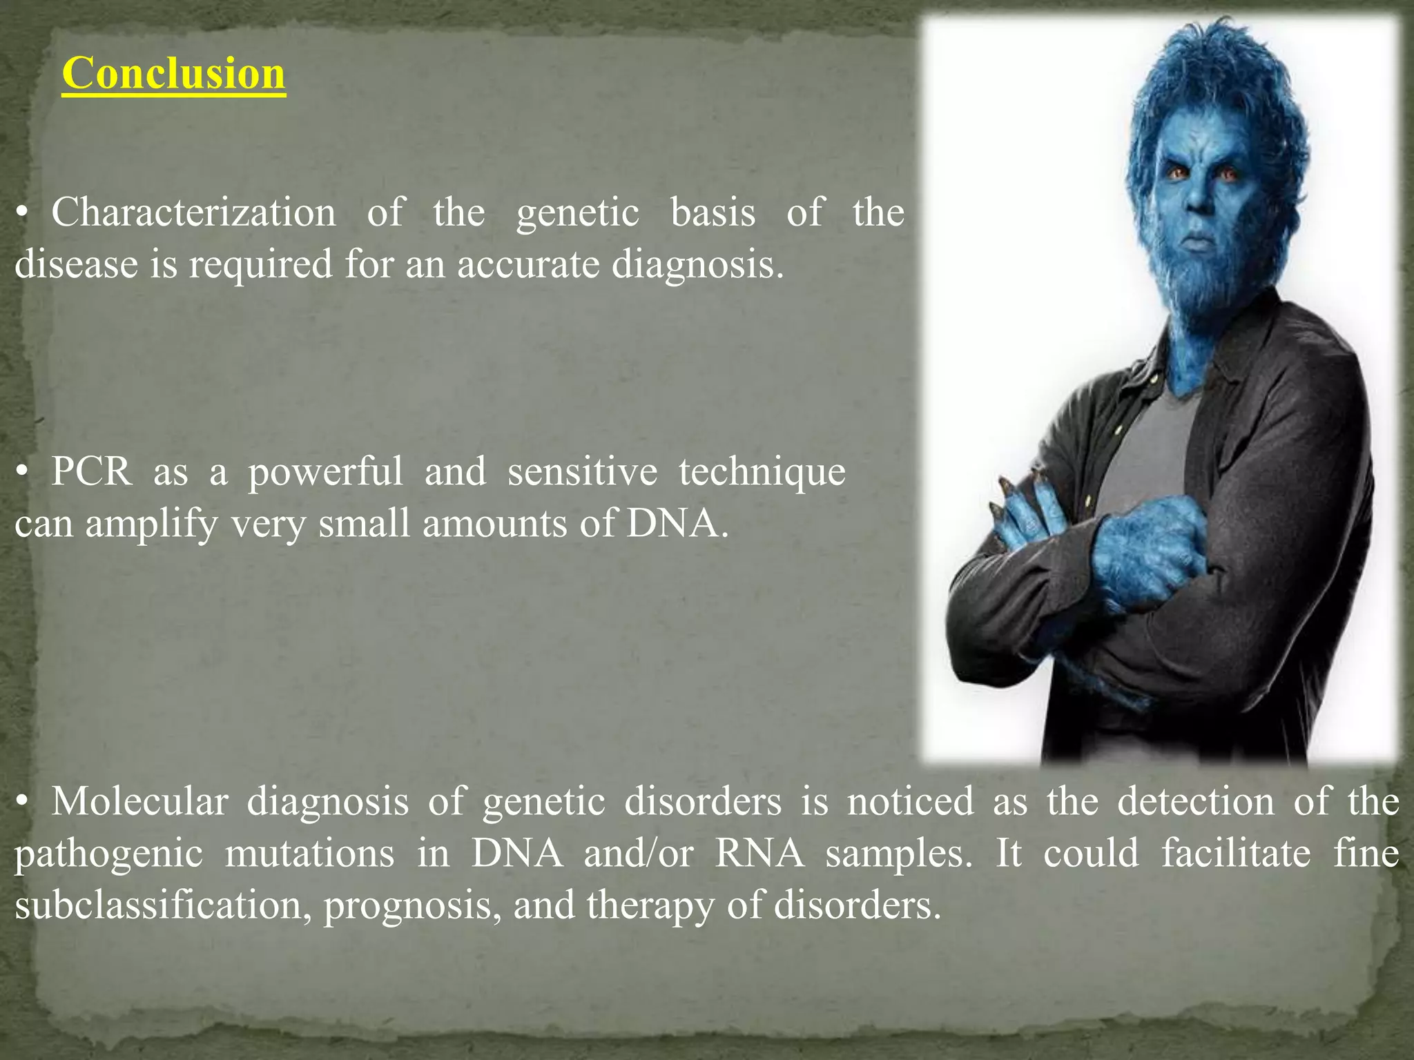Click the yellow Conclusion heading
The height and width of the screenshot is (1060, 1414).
[173, 73]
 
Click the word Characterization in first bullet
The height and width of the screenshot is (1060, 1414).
[193, 212]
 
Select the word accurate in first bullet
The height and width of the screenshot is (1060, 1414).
[528, 264]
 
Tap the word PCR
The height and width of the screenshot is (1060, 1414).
[91, 471]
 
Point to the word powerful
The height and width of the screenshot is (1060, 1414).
[325, 473]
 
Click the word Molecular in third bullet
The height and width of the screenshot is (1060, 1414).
[139, 802]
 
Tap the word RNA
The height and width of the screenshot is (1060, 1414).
[760, 853]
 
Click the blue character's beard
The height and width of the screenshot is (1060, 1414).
[1201, 276]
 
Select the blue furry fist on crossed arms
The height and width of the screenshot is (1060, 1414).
[1150, 552]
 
